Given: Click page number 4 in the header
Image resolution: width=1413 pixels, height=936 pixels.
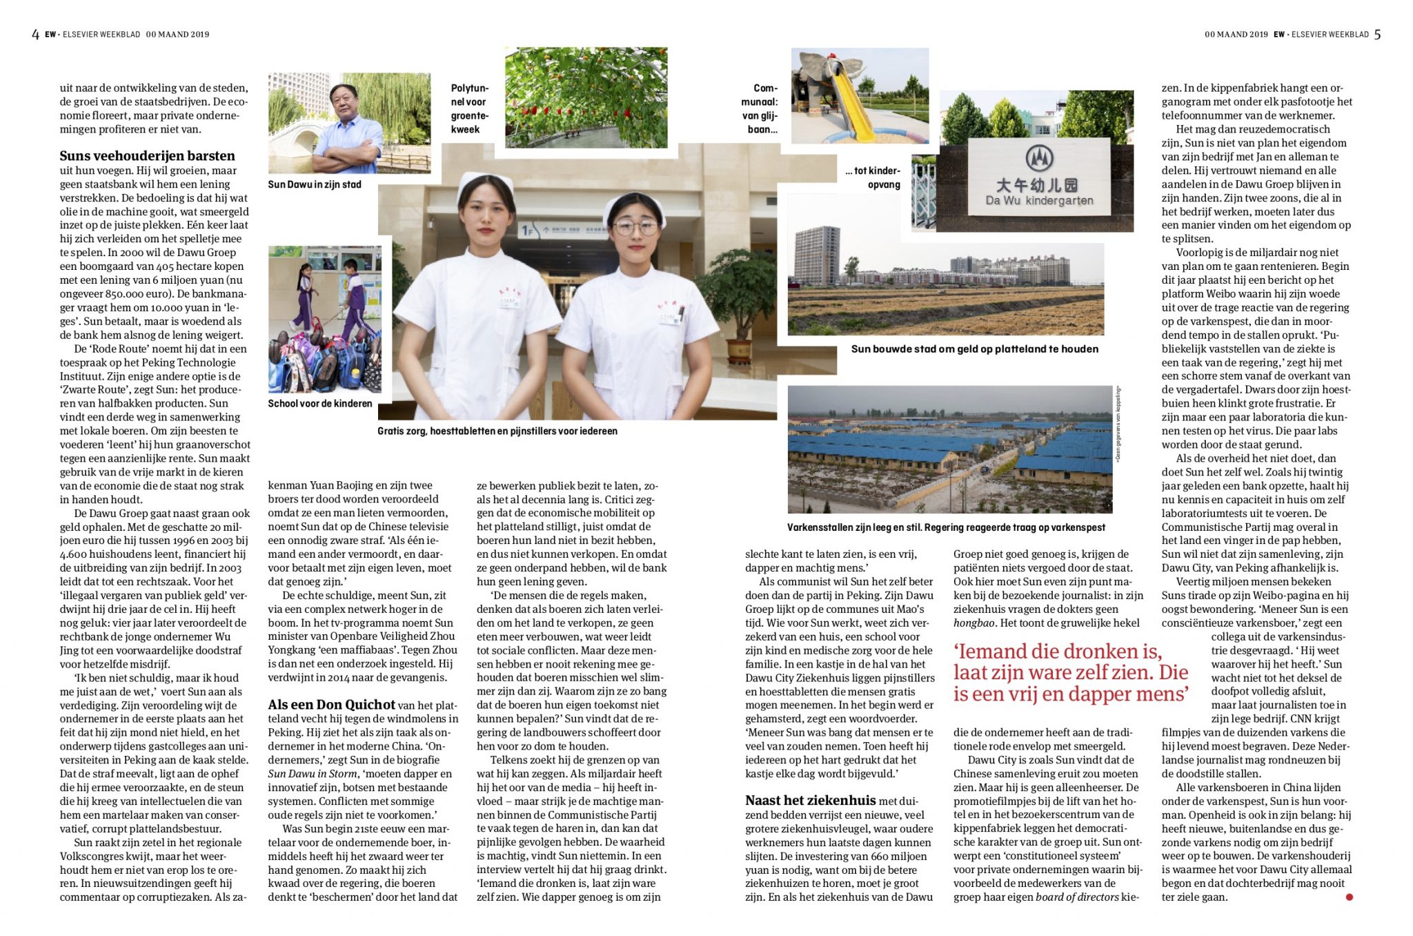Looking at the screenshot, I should click(x=35, y=34).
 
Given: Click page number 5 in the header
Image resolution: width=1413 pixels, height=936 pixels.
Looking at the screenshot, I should click(x=1377, y=34).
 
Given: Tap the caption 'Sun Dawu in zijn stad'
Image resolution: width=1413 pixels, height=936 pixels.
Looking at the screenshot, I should click(x=314, y=184).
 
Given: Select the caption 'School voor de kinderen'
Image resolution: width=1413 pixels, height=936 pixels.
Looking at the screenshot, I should click(x=320, y=403).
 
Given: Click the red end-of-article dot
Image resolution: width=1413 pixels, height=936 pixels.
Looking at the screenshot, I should click(x=1349, y=897).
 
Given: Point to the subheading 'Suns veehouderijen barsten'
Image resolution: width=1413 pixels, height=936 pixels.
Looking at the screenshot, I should click(x=147, y=156).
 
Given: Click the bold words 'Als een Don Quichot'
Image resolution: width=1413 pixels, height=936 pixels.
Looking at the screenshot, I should click(x=331, y=705).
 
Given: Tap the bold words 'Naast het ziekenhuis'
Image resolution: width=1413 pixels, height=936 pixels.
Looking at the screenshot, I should click(x=811, y=801).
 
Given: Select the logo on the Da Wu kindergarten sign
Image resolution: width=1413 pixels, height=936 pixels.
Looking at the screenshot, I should click(x=1038, y=158).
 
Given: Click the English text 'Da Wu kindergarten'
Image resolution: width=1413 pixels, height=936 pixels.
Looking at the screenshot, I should click(x=1039, y=201).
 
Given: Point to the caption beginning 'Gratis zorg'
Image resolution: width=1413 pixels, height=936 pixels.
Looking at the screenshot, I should click(x=497, y=431).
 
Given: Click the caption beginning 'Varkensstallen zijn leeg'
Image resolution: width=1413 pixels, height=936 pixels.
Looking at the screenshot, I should click(x=945, y=527).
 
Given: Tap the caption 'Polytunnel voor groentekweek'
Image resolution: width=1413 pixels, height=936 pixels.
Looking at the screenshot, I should click(x=469, y=108).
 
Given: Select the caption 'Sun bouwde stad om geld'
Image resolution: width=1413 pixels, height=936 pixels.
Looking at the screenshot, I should click(x=974, y=349).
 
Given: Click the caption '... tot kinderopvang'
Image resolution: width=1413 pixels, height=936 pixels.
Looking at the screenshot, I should click(x=873, y=177).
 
